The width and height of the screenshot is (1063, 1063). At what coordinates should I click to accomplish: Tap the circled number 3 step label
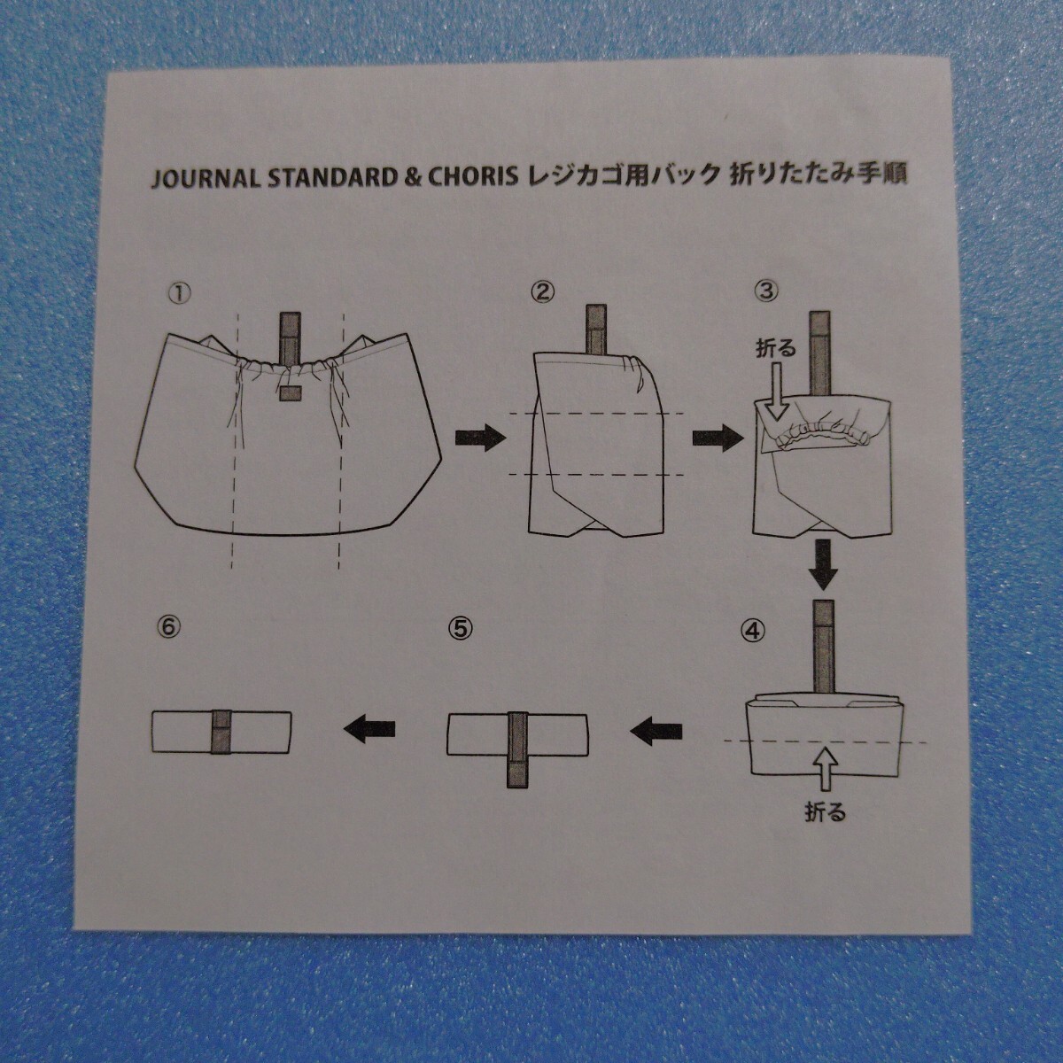click(x=765, y=291)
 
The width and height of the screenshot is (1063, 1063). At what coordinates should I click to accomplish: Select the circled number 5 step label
click(x=459, y=628)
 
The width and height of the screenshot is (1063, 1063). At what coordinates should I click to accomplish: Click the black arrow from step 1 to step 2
click(x=478, y=437)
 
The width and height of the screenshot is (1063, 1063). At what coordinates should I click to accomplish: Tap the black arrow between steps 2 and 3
click(x=716, y=437)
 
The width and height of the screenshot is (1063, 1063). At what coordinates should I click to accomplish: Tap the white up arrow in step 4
click(x=824, y=769)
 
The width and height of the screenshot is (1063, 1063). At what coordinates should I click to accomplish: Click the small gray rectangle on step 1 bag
click(x=291, y=393)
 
